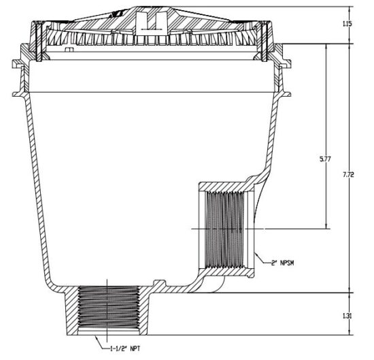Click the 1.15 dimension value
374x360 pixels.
tap(347, 24)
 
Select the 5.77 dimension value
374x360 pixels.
tap(325, 159)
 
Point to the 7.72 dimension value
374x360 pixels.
tap(348, 175)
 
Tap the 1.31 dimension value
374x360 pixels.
tap(347, 316)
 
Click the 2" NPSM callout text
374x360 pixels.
tap(282, 263)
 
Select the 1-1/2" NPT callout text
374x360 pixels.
tap(125, 348)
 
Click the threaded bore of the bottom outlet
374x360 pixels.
tap(109, 308)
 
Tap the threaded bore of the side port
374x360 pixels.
tap(224, 229)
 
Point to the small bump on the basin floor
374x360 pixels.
tap(159, 282)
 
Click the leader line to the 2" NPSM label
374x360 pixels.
tap(262, 259)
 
